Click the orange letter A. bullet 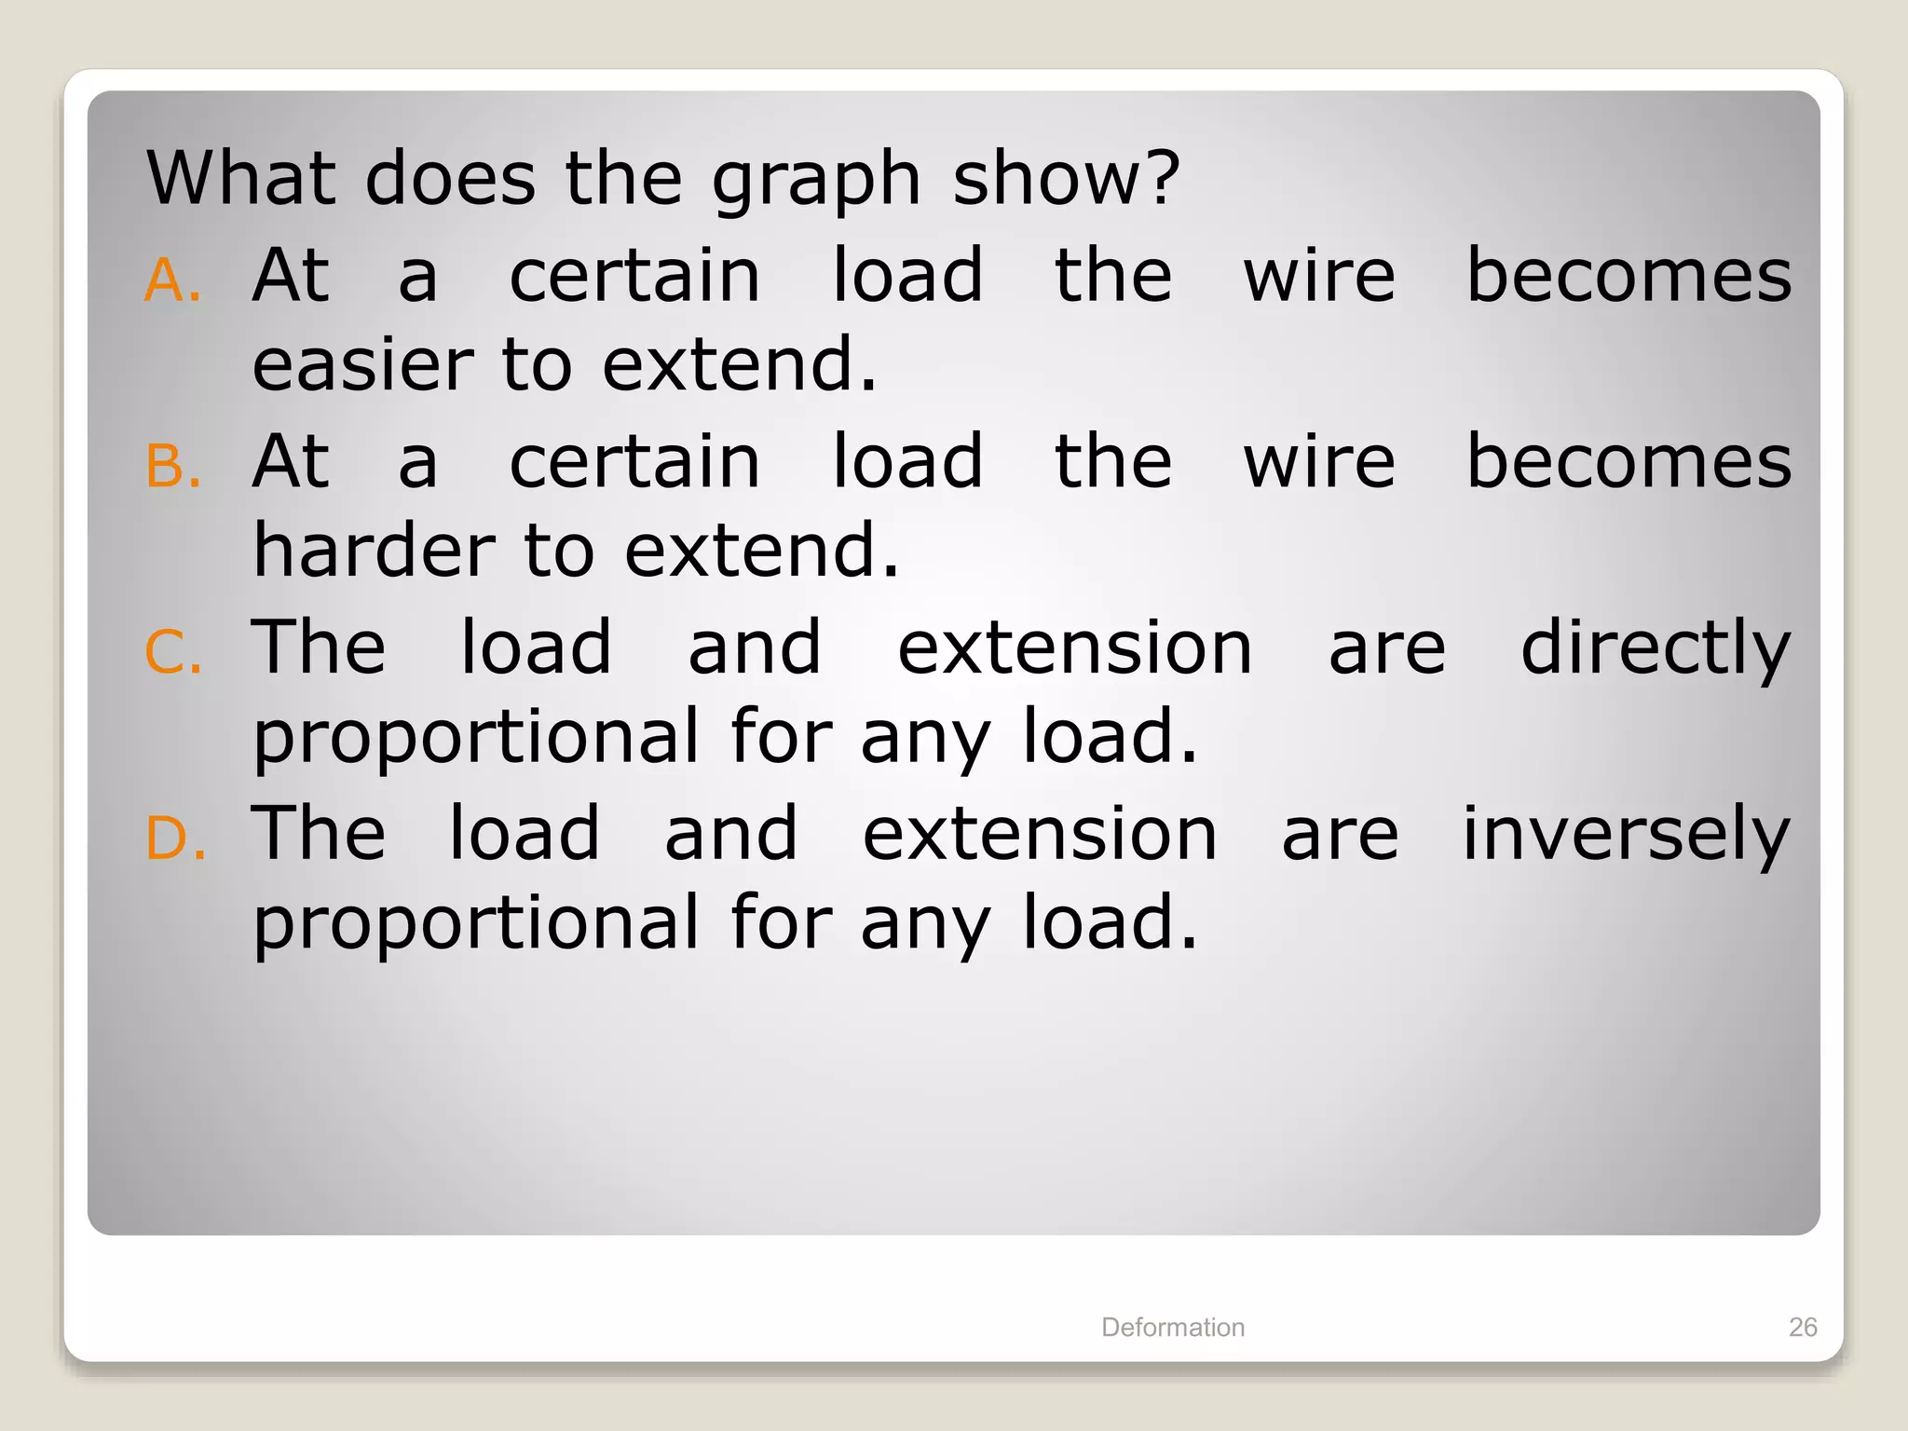tap(172, 280)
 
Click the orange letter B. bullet tap(173, 466)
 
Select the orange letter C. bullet tap(173, 652)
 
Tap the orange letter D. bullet tap(175, 838)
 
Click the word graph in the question tap(816, 181)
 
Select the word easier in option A tap(363, 364)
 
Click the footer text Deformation tap(1173, 1327)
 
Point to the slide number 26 tap(1803, 1327)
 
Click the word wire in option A tap(1319, 277)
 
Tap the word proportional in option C tap(476, 738)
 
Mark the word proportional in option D tap(476, 924)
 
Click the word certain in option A tap(634, 277)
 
